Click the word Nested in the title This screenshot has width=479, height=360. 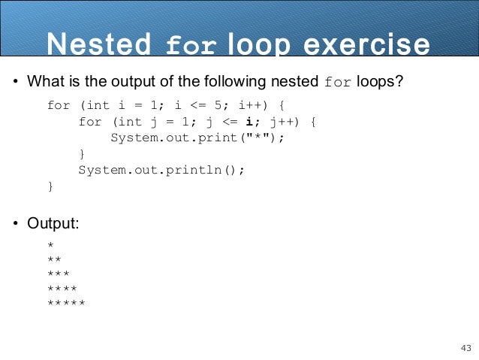pos(98,44)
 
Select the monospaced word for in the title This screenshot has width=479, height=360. pos(191,46)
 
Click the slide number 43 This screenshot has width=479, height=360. pos(465,348)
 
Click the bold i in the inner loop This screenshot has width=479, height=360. pos(249,121)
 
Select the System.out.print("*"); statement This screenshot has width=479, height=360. pos(199,138)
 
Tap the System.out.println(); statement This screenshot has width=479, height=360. pos(161,170)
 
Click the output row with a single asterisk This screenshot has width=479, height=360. pos(50,247)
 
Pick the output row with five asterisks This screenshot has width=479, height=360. pos(66,304)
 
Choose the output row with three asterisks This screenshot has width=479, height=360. pos(59,275)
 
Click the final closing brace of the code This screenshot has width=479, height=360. pos(50,186)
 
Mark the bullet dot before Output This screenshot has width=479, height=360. pos(15,223)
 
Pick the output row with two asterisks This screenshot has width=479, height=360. pos(54,261)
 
